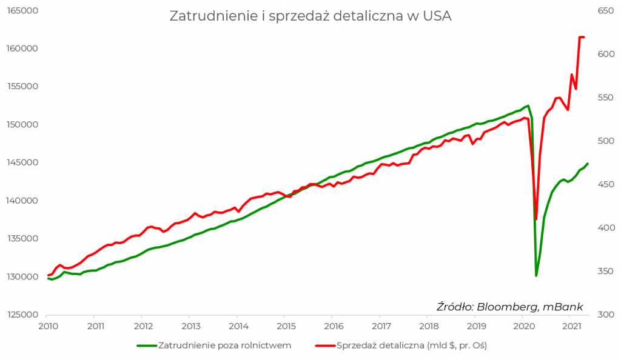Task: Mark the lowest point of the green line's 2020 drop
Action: coord(537,276)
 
